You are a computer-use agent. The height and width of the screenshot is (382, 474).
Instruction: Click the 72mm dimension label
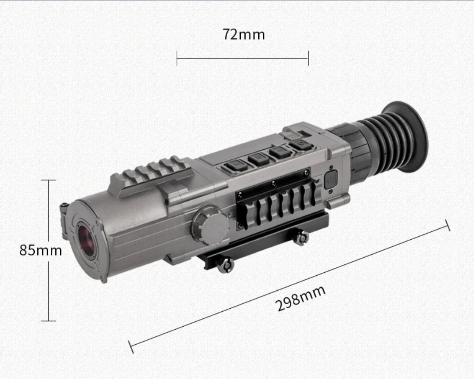pyautogui.click(x=243, y=34)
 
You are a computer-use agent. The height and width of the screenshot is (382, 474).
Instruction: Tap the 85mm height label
pyautogui.click(x=40, y=251)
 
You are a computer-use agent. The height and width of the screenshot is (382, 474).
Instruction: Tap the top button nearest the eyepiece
pyautogui.click(x=302, y=144)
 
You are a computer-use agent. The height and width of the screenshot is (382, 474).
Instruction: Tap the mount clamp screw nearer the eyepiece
pyautogui.click(x=301, y=238)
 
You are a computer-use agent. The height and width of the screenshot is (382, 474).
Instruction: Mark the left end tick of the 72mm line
pyautogui.click(x=177, y=58)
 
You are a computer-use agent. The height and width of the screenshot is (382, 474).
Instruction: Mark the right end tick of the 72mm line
pyautogui.click(x=308, y=58)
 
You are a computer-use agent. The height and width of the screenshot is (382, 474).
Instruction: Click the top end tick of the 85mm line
pyautogui.click(x=48, y=180)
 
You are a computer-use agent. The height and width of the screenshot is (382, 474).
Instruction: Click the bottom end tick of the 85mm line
pyautogui.click(x=48, y=321)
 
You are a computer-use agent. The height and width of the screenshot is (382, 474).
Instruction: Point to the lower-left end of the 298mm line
pyautogui.click(x=131, y=346)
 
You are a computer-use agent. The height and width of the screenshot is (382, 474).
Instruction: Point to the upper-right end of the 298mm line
pyautogui.click(x=448, y=225)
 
